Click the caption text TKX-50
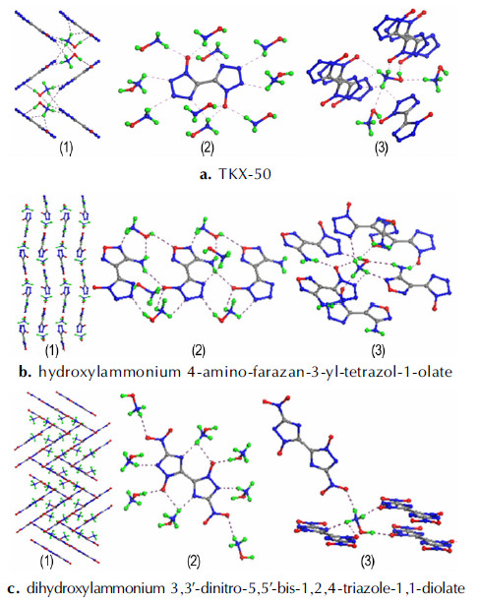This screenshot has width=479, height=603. pos(245,174)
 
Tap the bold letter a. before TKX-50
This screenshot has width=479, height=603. pos(206,174)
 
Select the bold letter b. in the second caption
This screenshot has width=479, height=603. pos(25,372)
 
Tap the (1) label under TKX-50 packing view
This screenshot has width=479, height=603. pos(66,148)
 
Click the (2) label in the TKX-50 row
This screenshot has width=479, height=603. pos(208,148)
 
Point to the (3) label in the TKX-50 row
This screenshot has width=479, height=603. pos(381,148)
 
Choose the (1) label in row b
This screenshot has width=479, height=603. pos(52,350)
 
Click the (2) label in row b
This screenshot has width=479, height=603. pos(199,350)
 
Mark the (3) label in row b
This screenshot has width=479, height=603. pos(378,350)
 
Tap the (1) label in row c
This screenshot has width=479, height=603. pos(47,562)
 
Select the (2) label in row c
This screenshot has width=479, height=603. pos(194,562)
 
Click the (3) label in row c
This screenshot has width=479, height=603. pos(368,562)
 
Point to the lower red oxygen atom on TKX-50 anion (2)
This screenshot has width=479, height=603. pos(225,104)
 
